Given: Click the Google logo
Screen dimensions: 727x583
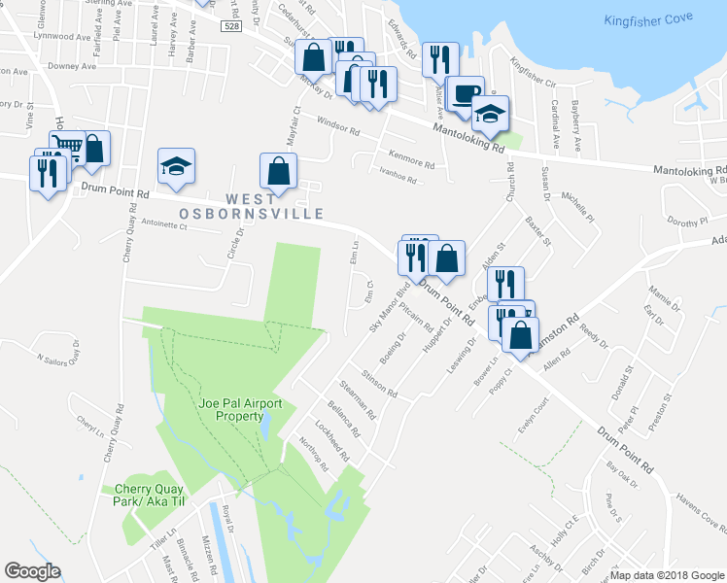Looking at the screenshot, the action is tap(32, 571).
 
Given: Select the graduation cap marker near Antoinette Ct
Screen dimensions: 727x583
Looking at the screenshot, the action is tap(176, 166).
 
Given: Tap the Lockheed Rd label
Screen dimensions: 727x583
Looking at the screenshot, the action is tap(331, 440).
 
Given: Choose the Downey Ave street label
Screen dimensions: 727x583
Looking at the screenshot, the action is tap(72, 67).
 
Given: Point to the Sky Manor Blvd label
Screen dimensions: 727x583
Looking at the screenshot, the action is tap(389, 308).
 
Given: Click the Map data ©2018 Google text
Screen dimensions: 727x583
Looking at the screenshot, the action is tap(667, 575).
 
